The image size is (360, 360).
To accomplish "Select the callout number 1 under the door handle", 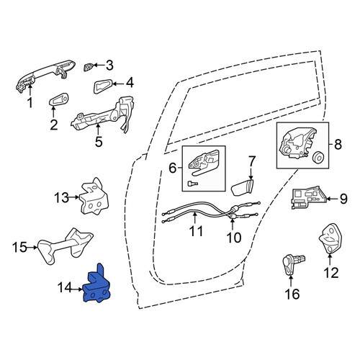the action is tap(30, 103).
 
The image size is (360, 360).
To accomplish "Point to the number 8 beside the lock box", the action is tap(338, 145).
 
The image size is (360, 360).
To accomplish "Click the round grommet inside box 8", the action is tap(319, 158).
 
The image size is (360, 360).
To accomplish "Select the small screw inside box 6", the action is tap(192, 184).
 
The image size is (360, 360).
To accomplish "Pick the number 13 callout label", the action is tap(61, 198).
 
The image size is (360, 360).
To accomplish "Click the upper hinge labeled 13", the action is tap(94, 197).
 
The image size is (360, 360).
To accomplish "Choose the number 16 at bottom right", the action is tap(292, 294).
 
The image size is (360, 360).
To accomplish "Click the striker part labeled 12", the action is tap(330, 239).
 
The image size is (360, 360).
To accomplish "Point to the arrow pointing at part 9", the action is tap(332, 199).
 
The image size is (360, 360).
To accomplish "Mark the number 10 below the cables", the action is tap(234, 238).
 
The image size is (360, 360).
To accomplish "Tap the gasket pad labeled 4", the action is tap(102, 86).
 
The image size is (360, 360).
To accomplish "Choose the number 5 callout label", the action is tap(99, 142).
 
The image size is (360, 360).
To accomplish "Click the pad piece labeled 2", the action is tap(58, 99).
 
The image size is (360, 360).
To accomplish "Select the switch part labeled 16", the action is tap(293, 264).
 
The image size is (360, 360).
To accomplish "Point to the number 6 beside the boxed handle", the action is tap(173, 168).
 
